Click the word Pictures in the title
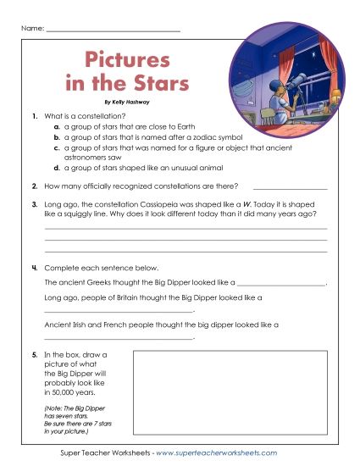click(x=127, y=62)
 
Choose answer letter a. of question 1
click(x=56, y=125)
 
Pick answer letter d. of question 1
click(x=56, y=168)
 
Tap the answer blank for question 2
click(x=290, y=186)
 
